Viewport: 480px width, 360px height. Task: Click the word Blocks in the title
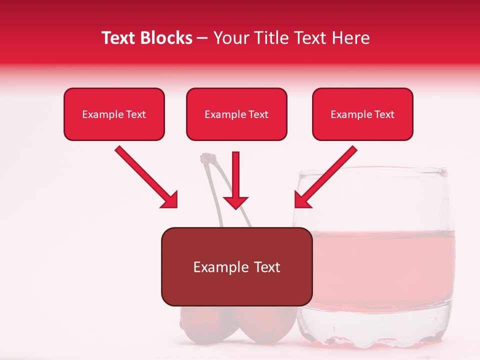166,38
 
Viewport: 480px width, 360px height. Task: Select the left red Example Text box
114,114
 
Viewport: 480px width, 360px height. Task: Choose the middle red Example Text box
236,114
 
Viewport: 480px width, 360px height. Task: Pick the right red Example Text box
362,114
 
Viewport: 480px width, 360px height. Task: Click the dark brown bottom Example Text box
236,266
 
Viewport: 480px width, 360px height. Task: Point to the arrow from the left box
145,176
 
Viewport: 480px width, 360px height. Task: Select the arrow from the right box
327,176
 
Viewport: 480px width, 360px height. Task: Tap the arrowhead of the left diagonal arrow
170,200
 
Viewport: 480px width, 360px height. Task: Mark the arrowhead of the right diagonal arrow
302,200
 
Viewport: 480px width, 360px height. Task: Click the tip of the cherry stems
206,158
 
